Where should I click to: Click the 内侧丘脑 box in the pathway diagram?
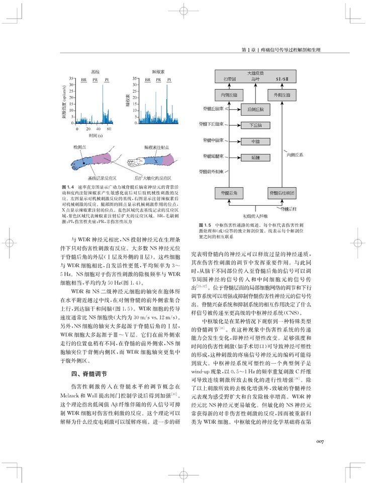[229, 95]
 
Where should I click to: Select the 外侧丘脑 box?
[281, 95]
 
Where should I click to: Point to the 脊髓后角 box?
[229, 192]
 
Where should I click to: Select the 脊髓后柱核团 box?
[281, 192]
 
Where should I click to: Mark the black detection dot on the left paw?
[75, 163]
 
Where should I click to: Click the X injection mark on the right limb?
[155, 161]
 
